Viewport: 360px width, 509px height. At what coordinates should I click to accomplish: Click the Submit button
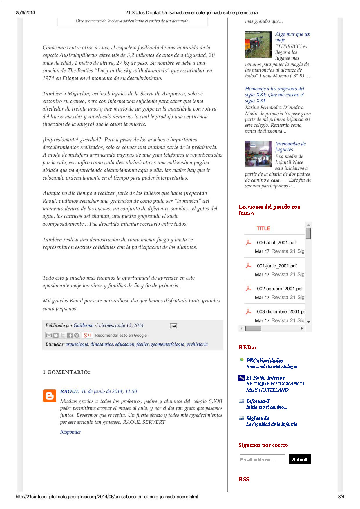pyautogui.click(x=299, y=459)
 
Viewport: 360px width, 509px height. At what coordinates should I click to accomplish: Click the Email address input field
pyautogui.click(x=262, y=459)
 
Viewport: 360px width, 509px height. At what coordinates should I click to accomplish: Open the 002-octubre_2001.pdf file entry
pyautogui.click(x=280, y=289)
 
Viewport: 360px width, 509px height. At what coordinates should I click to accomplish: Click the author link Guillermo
pyautogui.click(x=83, y=325)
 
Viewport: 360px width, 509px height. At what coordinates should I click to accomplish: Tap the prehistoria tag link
pyautogui.click(x=197, y=344)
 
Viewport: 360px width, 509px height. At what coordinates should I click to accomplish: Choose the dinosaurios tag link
pyautogui.click(x=102, y=344)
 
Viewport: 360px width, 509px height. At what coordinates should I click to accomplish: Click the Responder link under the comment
pyautogui.click(x=70, y=432)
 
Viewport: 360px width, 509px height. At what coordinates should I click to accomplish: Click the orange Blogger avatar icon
pyautogui.click(x=49, y=396)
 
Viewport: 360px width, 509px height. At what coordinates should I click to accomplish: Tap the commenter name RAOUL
pyautogui.click(x=69, y=391)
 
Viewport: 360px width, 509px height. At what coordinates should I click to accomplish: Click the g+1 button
pyautogui.click(x=87, y=335)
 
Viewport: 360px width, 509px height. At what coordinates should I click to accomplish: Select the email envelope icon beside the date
pyautogui.click(x=173, y=326)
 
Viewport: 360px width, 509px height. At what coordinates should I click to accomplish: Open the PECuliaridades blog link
pyautogui.click(x=265, y=361)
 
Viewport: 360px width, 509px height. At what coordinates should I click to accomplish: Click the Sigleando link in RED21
pyautogui.click(x=258, y=418)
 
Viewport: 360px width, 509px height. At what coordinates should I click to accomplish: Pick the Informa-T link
pyautogui.click(x=258, y=401)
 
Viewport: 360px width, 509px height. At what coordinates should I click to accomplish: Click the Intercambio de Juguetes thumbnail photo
pyautogui.click(x=258, y=154)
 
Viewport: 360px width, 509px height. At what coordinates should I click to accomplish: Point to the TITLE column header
pyautogui.click(x=263, y=229)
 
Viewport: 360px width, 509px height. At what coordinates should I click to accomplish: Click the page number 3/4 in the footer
pyautogui.click(x=341, y=497)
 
